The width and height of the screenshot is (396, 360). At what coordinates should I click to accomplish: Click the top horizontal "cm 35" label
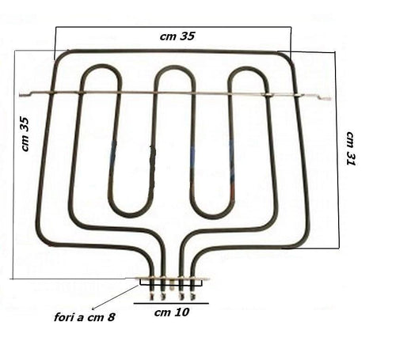click(x=177, y=36)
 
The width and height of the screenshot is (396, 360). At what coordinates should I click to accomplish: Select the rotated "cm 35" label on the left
click(x=25, y=135)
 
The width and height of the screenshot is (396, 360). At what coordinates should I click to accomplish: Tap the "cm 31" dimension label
click(x=351, y=148)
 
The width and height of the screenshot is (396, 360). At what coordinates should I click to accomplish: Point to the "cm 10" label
click(x=172, y=313)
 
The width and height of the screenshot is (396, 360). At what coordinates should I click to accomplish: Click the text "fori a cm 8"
click(x=85, y=317)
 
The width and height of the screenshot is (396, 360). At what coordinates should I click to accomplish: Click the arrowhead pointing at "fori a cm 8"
click(x=93, y=308)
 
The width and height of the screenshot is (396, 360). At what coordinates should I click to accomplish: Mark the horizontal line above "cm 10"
click(x=171, y=304)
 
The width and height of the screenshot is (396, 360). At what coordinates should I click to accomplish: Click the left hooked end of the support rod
click(x=25, y=94)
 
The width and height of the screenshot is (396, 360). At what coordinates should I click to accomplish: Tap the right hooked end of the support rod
click(x=324, y=98)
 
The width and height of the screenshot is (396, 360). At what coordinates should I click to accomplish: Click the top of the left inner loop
click(x=101, y=66)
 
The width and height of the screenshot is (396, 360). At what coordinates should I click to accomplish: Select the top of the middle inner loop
click(x=175, y=67)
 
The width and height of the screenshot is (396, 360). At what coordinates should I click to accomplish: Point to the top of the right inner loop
click(x=248, y=68)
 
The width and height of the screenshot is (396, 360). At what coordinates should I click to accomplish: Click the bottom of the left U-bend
click(x=131, y=215)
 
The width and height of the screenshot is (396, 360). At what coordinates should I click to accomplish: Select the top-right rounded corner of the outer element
click(x=287, y=56)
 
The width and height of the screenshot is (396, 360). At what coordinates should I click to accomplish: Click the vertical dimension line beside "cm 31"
click(x=337, y=150)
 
